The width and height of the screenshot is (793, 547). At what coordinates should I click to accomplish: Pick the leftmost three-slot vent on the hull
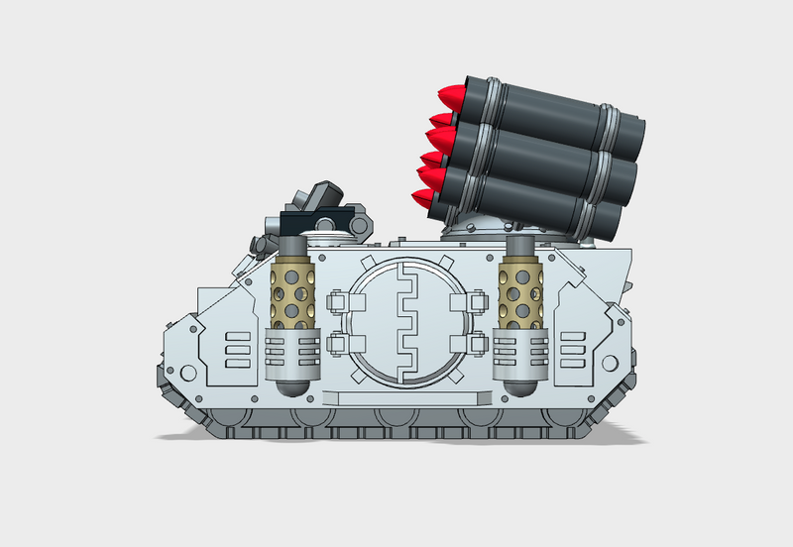point(240,350)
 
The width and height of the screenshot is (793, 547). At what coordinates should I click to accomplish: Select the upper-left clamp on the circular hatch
point(338,300)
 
